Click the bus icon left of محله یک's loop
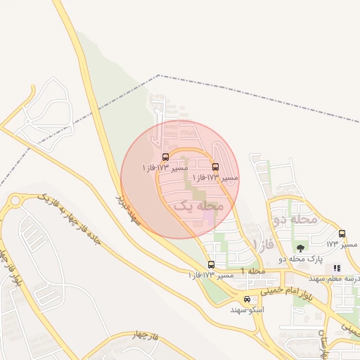[165, 157]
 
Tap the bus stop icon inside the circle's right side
[215, 167]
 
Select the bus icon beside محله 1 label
[212, 264]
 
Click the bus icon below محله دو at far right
[342, 233]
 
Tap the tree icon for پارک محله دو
[301, 248]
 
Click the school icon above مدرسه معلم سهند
[337, 268]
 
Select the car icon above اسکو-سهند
[246, 299]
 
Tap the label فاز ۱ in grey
[263, 245]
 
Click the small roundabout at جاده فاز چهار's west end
[15, 202]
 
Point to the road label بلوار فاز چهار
[8, 271]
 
